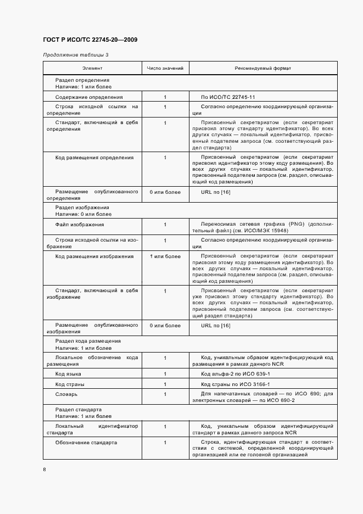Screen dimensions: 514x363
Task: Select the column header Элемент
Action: click(x=92, y=68)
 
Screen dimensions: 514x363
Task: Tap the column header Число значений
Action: click(x=165, y=68)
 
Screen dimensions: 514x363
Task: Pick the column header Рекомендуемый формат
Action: click(x=263, y=68)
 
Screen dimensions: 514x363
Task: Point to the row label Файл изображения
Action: click(x=80, y=225)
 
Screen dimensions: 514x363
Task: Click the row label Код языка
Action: click(x=69, y=374)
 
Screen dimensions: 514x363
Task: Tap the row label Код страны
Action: click(x=70, y=384)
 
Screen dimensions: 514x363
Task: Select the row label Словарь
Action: click(x=66, y=394)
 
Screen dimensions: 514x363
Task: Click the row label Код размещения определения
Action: click(x=94, y=158)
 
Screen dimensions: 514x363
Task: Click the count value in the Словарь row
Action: click(x=165, y=394)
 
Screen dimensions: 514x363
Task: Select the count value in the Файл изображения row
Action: click(x=165, y=225)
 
